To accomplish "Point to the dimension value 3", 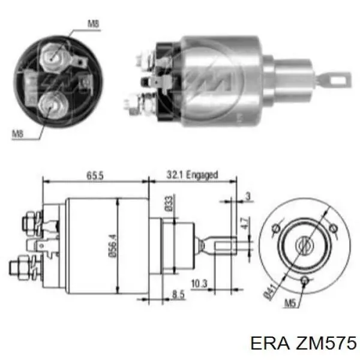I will point(247,196).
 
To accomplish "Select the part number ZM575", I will point(321,343).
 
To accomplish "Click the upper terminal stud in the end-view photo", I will point(52,56).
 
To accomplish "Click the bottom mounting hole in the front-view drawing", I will point(304,281).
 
